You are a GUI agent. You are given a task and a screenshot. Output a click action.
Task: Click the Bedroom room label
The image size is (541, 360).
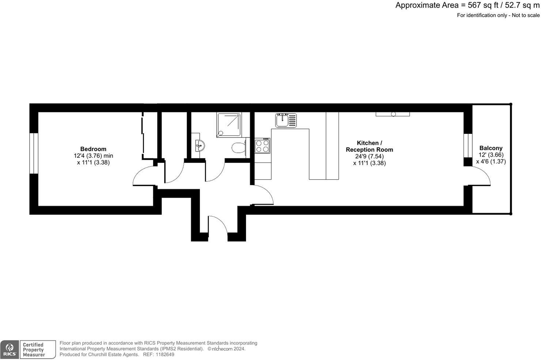(x=93, y=149)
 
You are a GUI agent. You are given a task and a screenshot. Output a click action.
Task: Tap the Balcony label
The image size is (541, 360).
(x=491, y=148)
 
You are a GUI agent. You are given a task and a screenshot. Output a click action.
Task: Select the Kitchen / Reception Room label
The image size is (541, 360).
(x=369, y=146)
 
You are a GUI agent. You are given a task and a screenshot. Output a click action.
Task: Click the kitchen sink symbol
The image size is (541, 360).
(x=286, y=120)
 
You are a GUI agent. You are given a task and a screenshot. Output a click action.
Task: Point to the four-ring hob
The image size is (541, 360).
(x=262, y=146)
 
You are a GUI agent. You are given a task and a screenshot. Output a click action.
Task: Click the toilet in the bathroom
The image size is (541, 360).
(x=239, y=148)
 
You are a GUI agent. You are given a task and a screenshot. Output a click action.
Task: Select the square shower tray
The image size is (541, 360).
(x=229, y=125)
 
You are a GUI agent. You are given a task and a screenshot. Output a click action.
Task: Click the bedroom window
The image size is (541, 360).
(x=34, y=153)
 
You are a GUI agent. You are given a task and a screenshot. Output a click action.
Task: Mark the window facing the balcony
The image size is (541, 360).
(x=468, y=146)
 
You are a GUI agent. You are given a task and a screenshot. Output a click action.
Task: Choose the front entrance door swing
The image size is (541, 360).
(x=218, y=224)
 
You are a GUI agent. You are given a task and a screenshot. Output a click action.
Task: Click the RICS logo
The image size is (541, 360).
(x=10, y=350)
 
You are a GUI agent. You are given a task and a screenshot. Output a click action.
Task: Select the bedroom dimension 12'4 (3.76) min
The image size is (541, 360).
(x=93, y=155)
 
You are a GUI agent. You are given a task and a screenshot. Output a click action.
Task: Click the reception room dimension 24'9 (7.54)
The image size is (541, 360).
(x=369, y=156)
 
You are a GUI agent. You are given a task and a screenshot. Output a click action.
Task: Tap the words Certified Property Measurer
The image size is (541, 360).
(x=34, y=350)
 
